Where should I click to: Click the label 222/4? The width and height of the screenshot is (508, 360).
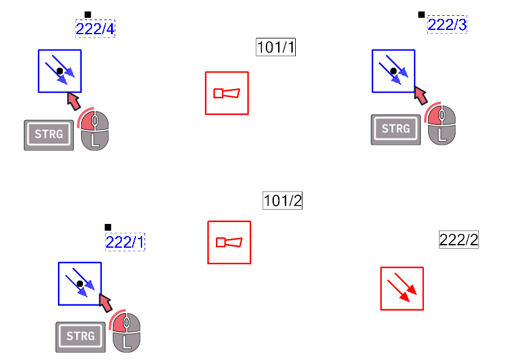(x=95, y=29)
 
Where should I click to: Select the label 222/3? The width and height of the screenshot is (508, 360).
(x=447, y=24)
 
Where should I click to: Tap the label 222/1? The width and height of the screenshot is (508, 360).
(x=125, y=242)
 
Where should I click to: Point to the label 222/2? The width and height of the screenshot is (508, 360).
(x=459, y=240)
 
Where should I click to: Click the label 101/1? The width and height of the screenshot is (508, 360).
(x=276, y=47)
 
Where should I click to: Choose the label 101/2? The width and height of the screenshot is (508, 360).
(x=282, y=201)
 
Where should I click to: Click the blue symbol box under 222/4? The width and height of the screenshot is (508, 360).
(x=60, y=71)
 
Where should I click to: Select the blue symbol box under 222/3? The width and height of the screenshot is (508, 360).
(x=393, y=71)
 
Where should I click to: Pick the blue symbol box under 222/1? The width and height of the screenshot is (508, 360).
(x=80, y=284)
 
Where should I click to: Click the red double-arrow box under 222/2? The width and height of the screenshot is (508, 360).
(x=402, y=289)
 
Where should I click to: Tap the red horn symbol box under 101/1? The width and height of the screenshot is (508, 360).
(x=227, y=93)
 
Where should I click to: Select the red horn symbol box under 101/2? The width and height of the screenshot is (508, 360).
(x=229, y=242)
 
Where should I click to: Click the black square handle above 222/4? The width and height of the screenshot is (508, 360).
(x=88, y=15)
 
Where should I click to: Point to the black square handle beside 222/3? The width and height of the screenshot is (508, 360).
(x=421, y=15)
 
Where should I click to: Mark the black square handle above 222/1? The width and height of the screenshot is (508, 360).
(x=108, y=227)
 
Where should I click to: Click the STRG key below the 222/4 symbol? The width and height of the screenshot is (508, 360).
(x=49, y=135)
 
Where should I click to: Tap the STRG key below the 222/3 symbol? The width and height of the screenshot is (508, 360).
(x=396, y=129)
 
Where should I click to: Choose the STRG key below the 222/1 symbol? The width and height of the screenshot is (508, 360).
(x=80, y=337)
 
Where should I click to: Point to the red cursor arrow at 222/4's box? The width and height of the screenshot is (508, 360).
(x=74, y=101)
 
